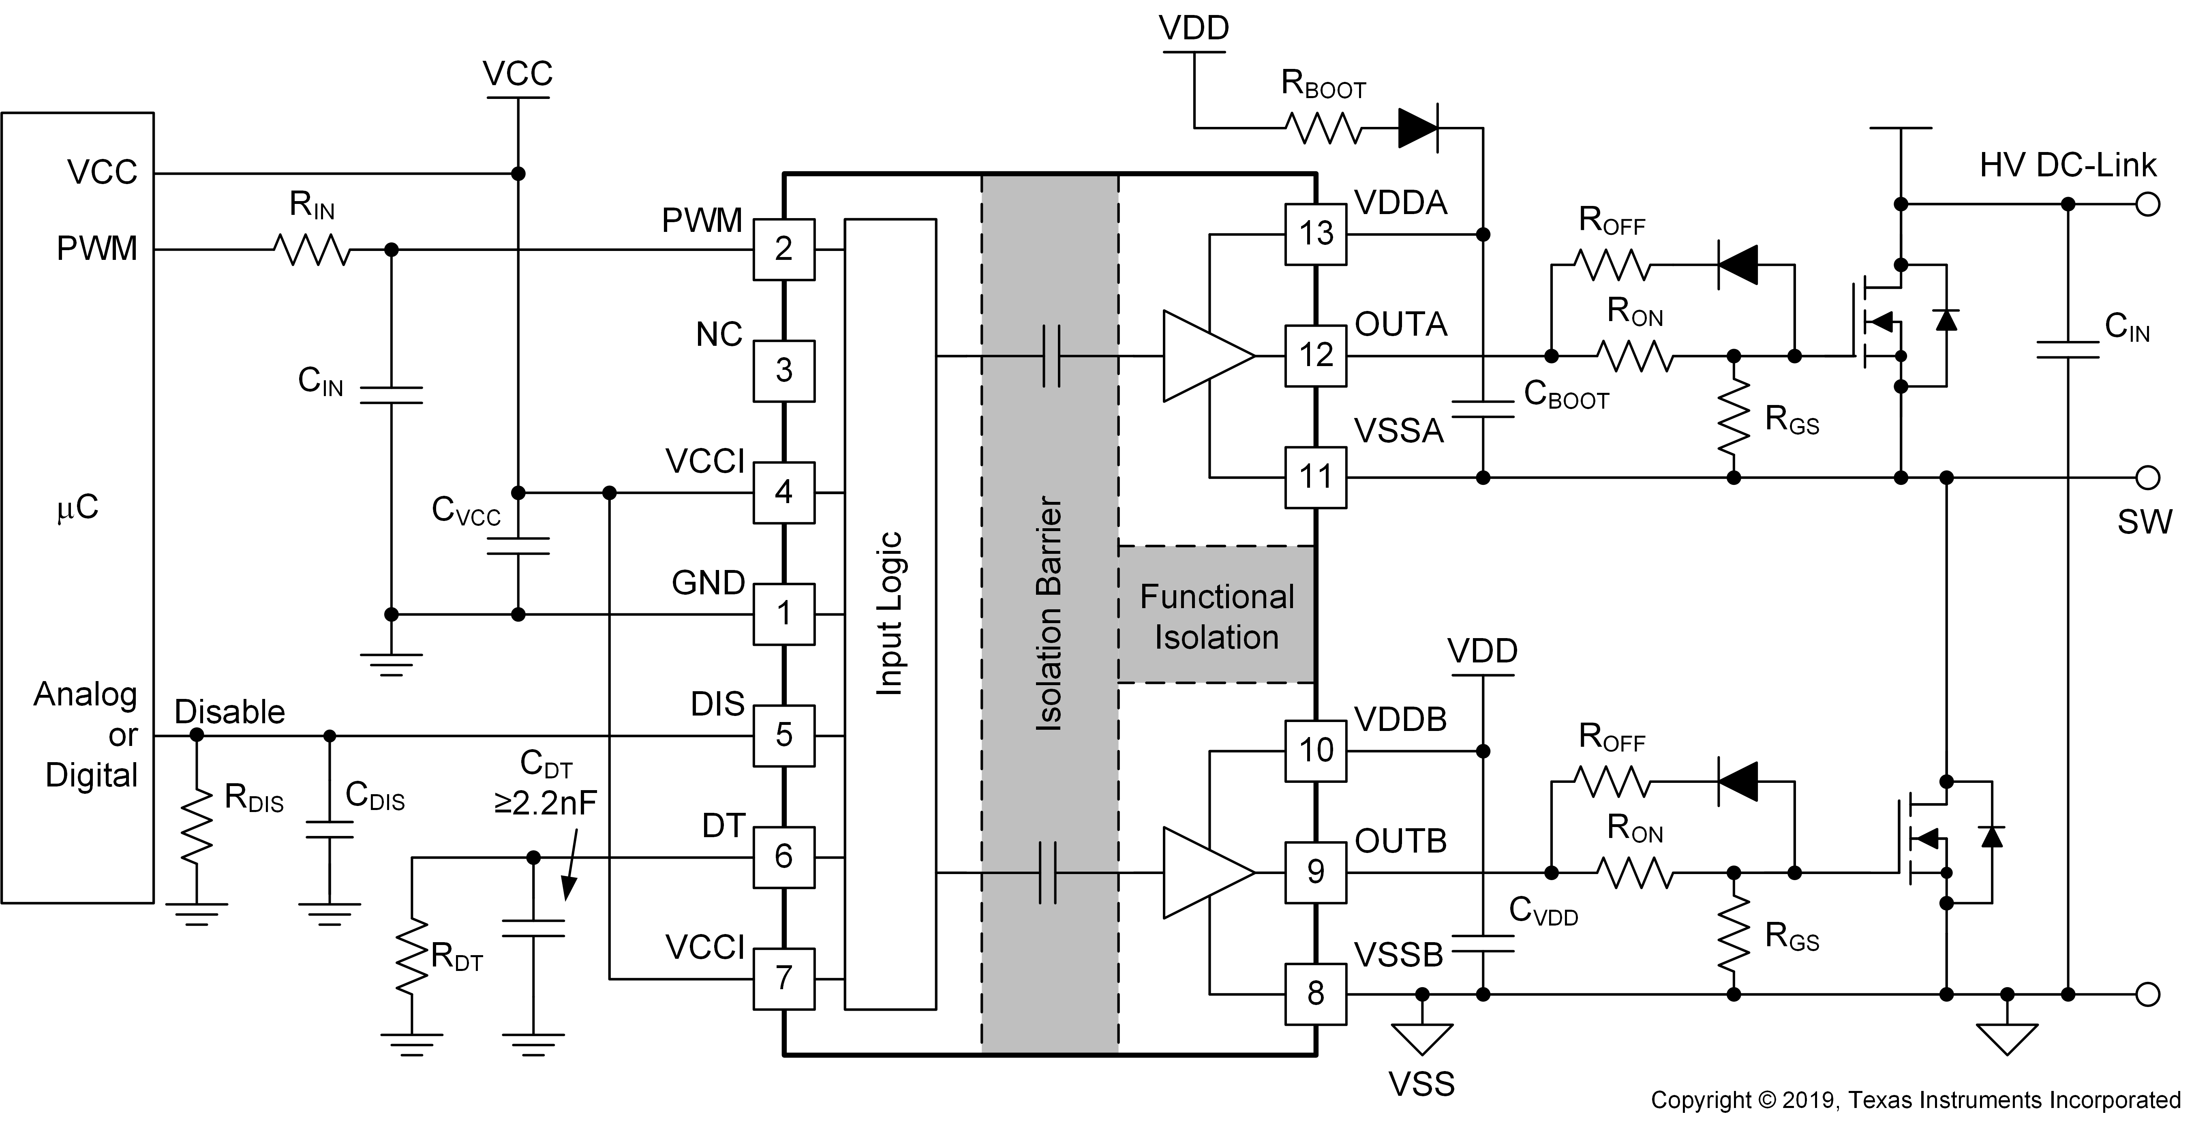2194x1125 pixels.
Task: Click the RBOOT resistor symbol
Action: click(1323, 129)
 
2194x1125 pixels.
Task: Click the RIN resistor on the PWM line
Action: click(312, 249)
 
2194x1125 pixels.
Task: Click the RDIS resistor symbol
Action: click(197, 824)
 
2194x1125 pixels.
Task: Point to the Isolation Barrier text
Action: click(1049, 613)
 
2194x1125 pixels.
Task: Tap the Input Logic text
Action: click(890, 613)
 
